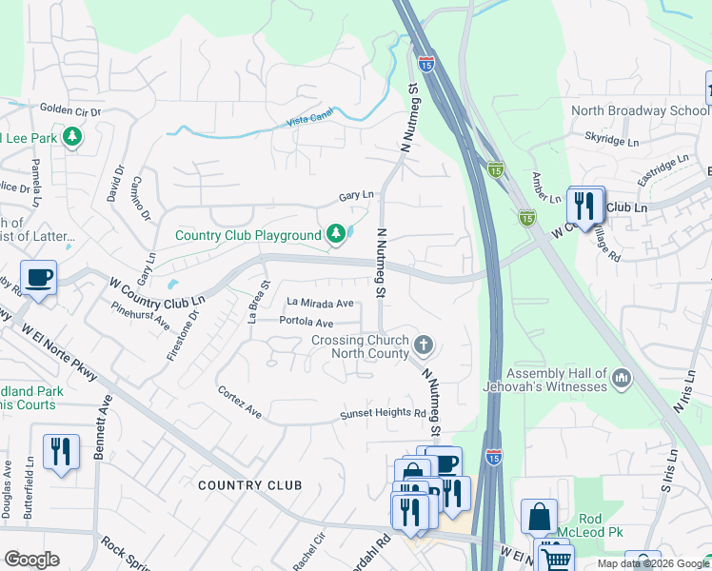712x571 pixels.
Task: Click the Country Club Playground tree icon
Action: coord(335,233)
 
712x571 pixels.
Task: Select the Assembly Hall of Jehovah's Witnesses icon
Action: coord(623,380)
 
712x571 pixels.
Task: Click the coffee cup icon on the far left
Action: coord(38,278)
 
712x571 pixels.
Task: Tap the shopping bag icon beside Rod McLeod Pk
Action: coord(539,517)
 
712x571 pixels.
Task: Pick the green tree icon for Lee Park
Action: coord(71,139)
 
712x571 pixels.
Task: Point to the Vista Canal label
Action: coord(311,122)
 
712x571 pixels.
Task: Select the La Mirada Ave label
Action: coord(321,303)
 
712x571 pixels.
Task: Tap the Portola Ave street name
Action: coord(307,323)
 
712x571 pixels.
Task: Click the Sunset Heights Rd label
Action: coord(385,414)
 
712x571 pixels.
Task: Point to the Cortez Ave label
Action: coord(239,403)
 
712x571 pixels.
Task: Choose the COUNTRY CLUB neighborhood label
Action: coord(249,485)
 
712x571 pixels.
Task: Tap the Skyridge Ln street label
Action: coord(611,140)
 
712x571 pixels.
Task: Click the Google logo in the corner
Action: coord(31,560)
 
